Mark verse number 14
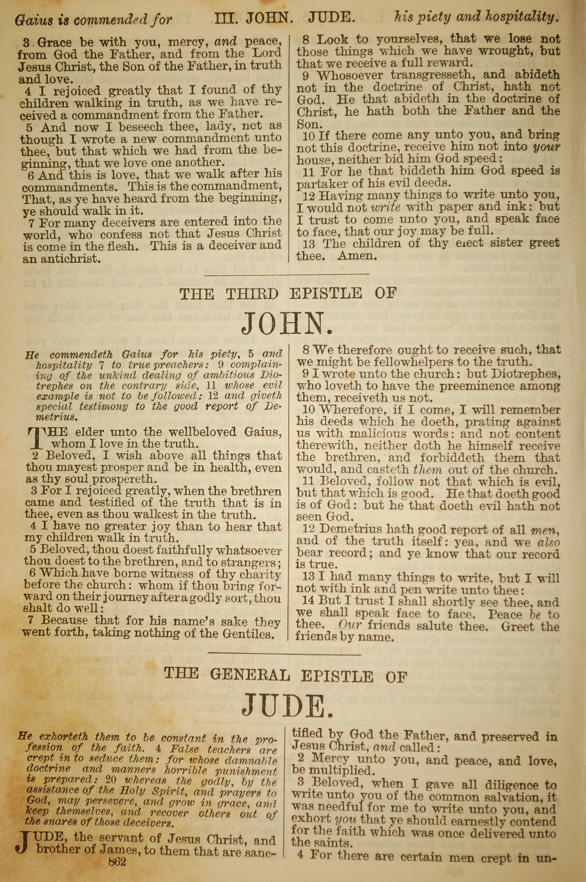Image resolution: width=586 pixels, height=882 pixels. coord(309,601)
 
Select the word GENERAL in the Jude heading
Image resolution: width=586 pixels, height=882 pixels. coord(250,675)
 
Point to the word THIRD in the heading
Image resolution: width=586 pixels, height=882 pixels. coord(252,294)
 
